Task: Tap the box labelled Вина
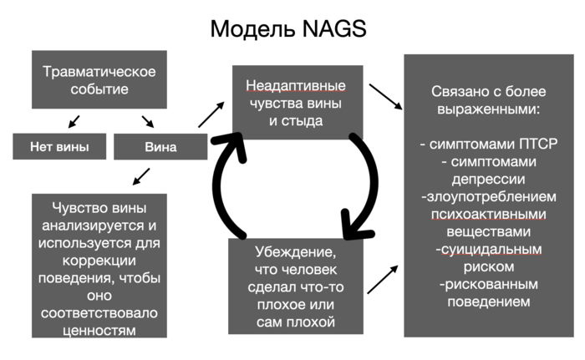(x=160, y=148)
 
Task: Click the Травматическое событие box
(x=99, y=79)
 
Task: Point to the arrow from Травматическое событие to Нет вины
(x=74, y=122)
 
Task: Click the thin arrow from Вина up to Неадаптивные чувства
(x=211, y=114)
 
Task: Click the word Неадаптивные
(x=297, y=86)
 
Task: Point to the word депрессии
(x=489, y=178)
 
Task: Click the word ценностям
(x=99, y=330)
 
